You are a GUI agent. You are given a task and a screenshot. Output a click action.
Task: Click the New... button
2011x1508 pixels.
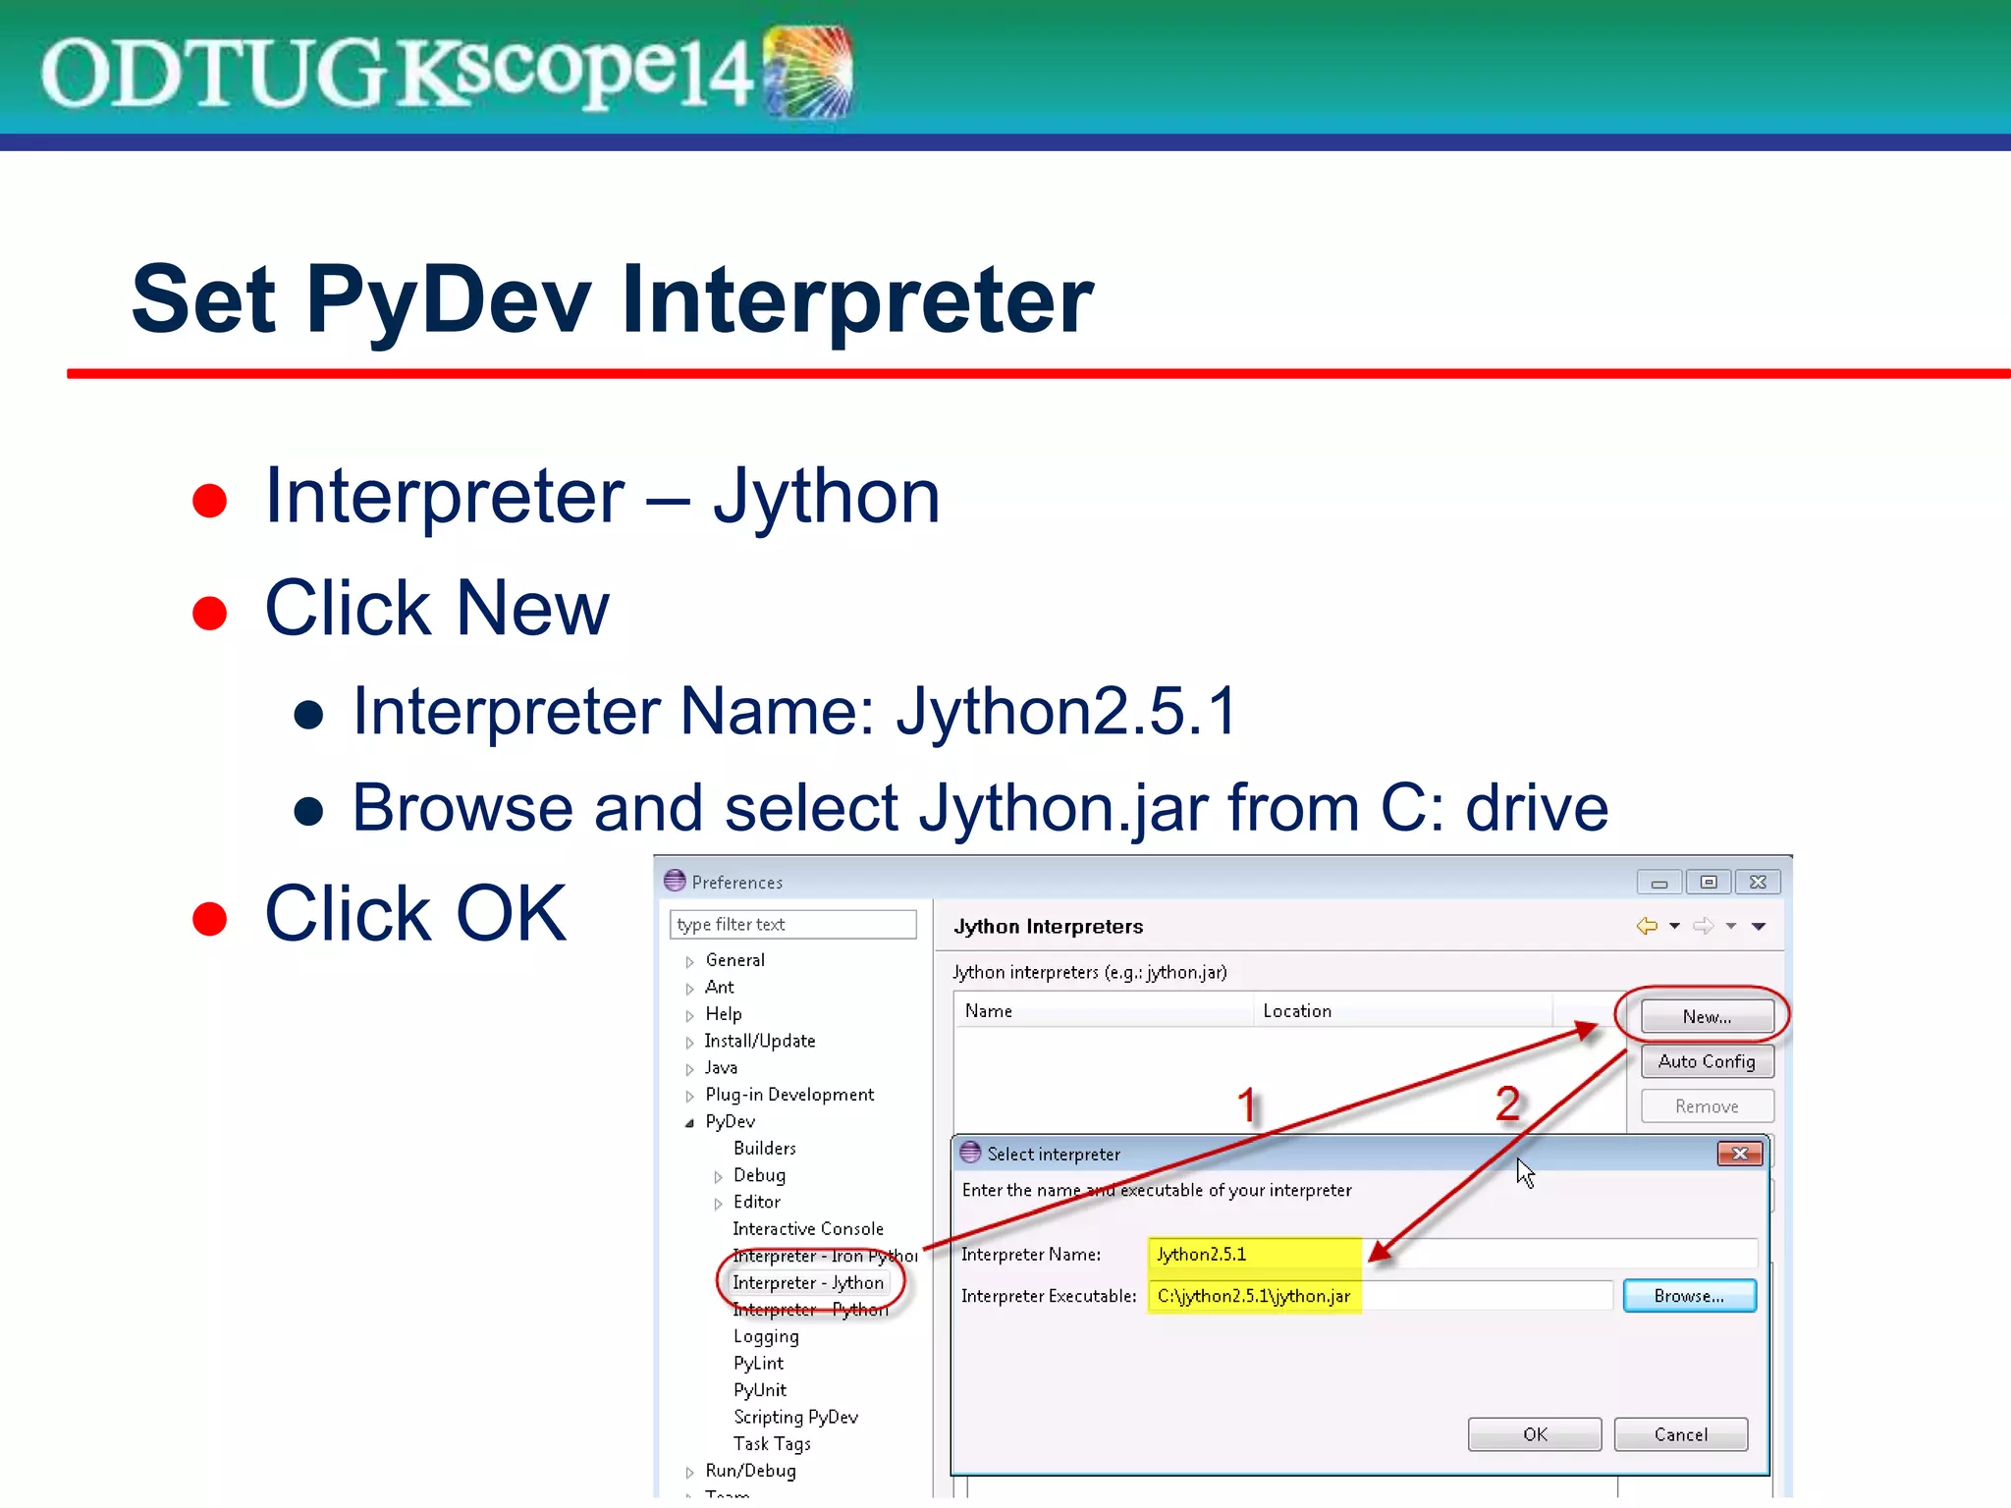click(x=1707, y=1016)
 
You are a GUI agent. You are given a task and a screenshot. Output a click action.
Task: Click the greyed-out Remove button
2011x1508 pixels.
click(x=1707, y=1106)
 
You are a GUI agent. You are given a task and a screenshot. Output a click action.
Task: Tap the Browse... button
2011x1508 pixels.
click(x=1689, y=1296)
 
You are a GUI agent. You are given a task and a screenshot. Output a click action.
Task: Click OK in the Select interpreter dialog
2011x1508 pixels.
click(x=1534, y=1434)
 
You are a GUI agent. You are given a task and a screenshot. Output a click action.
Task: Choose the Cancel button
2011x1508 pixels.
click(x=1680, y=1434)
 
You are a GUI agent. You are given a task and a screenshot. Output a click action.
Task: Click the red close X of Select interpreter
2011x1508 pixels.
click(x=1739, y=1154)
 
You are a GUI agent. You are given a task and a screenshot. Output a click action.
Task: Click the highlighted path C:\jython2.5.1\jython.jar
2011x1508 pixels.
click(x=1254, y=1296)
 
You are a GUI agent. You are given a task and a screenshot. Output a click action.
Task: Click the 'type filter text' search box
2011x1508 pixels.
click(x=792, y=924)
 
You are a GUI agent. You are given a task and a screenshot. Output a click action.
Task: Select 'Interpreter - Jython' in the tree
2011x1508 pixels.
click(x=808, y=1283)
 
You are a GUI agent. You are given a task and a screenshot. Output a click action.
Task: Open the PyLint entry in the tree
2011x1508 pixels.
click(x=758, y=1364)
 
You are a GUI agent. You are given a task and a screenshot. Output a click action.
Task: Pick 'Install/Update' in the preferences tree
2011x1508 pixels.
click(x=760, y=1041)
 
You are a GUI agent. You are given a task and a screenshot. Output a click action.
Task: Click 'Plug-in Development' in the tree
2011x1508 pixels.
click(x=789, y=1095)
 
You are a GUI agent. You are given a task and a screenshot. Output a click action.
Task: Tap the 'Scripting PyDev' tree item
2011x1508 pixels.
click(x=795, y=1417)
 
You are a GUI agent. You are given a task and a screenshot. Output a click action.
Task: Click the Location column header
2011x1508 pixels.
click(x=1297, y=1011)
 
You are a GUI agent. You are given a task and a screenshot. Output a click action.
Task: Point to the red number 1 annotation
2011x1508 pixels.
click(x=1247, y=1105)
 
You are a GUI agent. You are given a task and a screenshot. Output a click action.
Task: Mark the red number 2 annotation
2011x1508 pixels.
click(x=1508, y=1104)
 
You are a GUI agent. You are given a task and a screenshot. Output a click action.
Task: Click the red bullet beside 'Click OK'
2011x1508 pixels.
click(x=209, y=919)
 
